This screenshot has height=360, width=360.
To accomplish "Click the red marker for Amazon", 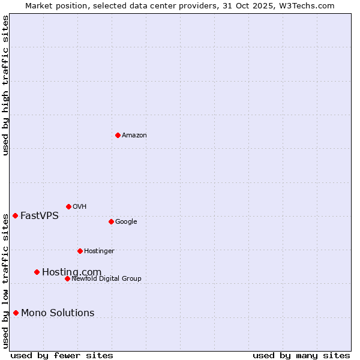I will pos(118,135).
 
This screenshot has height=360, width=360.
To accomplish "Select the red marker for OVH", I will pos(68,206).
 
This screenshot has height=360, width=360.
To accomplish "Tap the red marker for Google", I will pos(111,221).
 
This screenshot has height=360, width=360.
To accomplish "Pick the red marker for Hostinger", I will pos(80,251).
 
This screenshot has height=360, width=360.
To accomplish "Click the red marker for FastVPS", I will pos(15,215).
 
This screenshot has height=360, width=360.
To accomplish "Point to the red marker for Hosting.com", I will pos(37,272).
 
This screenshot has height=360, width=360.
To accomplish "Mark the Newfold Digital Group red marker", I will pos(67,278).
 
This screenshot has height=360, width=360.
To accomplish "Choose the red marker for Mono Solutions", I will pos(16,313).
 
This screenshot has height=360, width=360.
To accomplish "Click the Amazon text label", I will pos(134,136).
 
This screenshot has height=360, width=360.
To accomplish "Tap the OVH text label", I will pos(80,207).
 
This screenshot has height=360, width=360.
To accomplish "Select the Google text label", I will pos(126,222).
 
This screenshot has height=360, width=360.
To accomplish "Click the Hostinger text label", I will pos(99,251).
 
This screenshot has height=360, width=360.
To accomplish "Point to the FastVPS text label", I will pos(40,216).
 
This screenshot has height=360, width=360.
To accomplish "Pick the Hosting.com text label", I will pos(71,272).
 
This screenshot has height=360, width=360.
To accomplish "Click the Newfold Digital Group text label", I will pos(106,279).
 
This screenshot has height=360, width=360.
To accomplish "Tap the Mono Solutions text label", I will pos(58,313).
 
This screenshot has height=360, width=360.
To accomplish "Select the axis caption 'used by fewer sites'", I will pos(62,355).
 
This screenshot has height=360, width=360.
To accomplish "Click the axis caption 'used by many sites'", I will pos(301,355).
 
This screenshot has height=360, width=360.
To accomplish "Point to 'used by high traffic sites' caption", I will pos(5,85).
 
